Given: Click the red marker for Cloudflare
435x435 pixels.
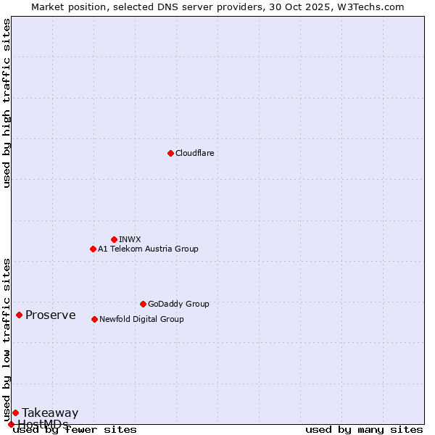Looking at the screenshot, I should coord(170,153).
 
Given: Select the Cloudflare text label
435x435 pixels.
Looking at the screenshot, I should coord(195,153).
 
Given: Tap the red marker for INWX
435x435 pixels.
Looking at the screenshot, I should coord(114,239).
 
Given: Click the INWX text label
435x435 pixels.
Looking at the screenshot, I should coord(130,239).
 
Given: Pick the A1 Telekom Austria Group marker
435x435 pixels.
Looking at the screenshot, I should coord(93,249).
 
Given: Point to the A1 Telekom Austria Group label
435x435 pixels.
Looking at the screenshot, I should coord(148,249).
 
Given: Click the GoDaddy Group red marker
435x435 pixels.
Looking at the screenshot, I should coord(143,304).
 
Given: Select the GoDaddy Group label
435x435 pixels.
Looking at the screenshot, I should coord(178,304).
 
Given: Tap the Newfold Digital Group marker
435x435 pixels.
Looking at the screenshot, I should coord(94,319).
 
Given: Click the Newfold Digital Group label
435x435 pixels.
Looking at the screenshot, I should coord(141,319).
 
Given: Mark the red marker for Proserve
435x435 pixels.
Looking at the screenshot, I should coord(19,315).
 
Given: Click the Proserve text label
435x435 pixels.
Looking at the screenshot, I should coord(51,315).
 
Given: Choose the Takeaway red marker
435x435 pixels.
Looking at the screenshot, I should coord(15,413).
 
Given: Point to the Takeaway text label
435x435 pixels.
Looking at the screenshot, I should coord(50,413).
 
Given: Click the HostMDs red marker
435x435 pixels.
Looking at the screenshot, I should coord(11,424).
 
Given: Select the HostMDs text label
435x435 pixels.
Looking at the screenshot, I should coord(43,424).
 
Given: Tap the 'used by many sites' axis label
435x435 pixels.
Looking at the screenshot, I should coord(364,429).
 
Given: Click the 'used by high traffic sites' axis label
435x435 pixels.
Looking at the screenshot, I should coord(7,103).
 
